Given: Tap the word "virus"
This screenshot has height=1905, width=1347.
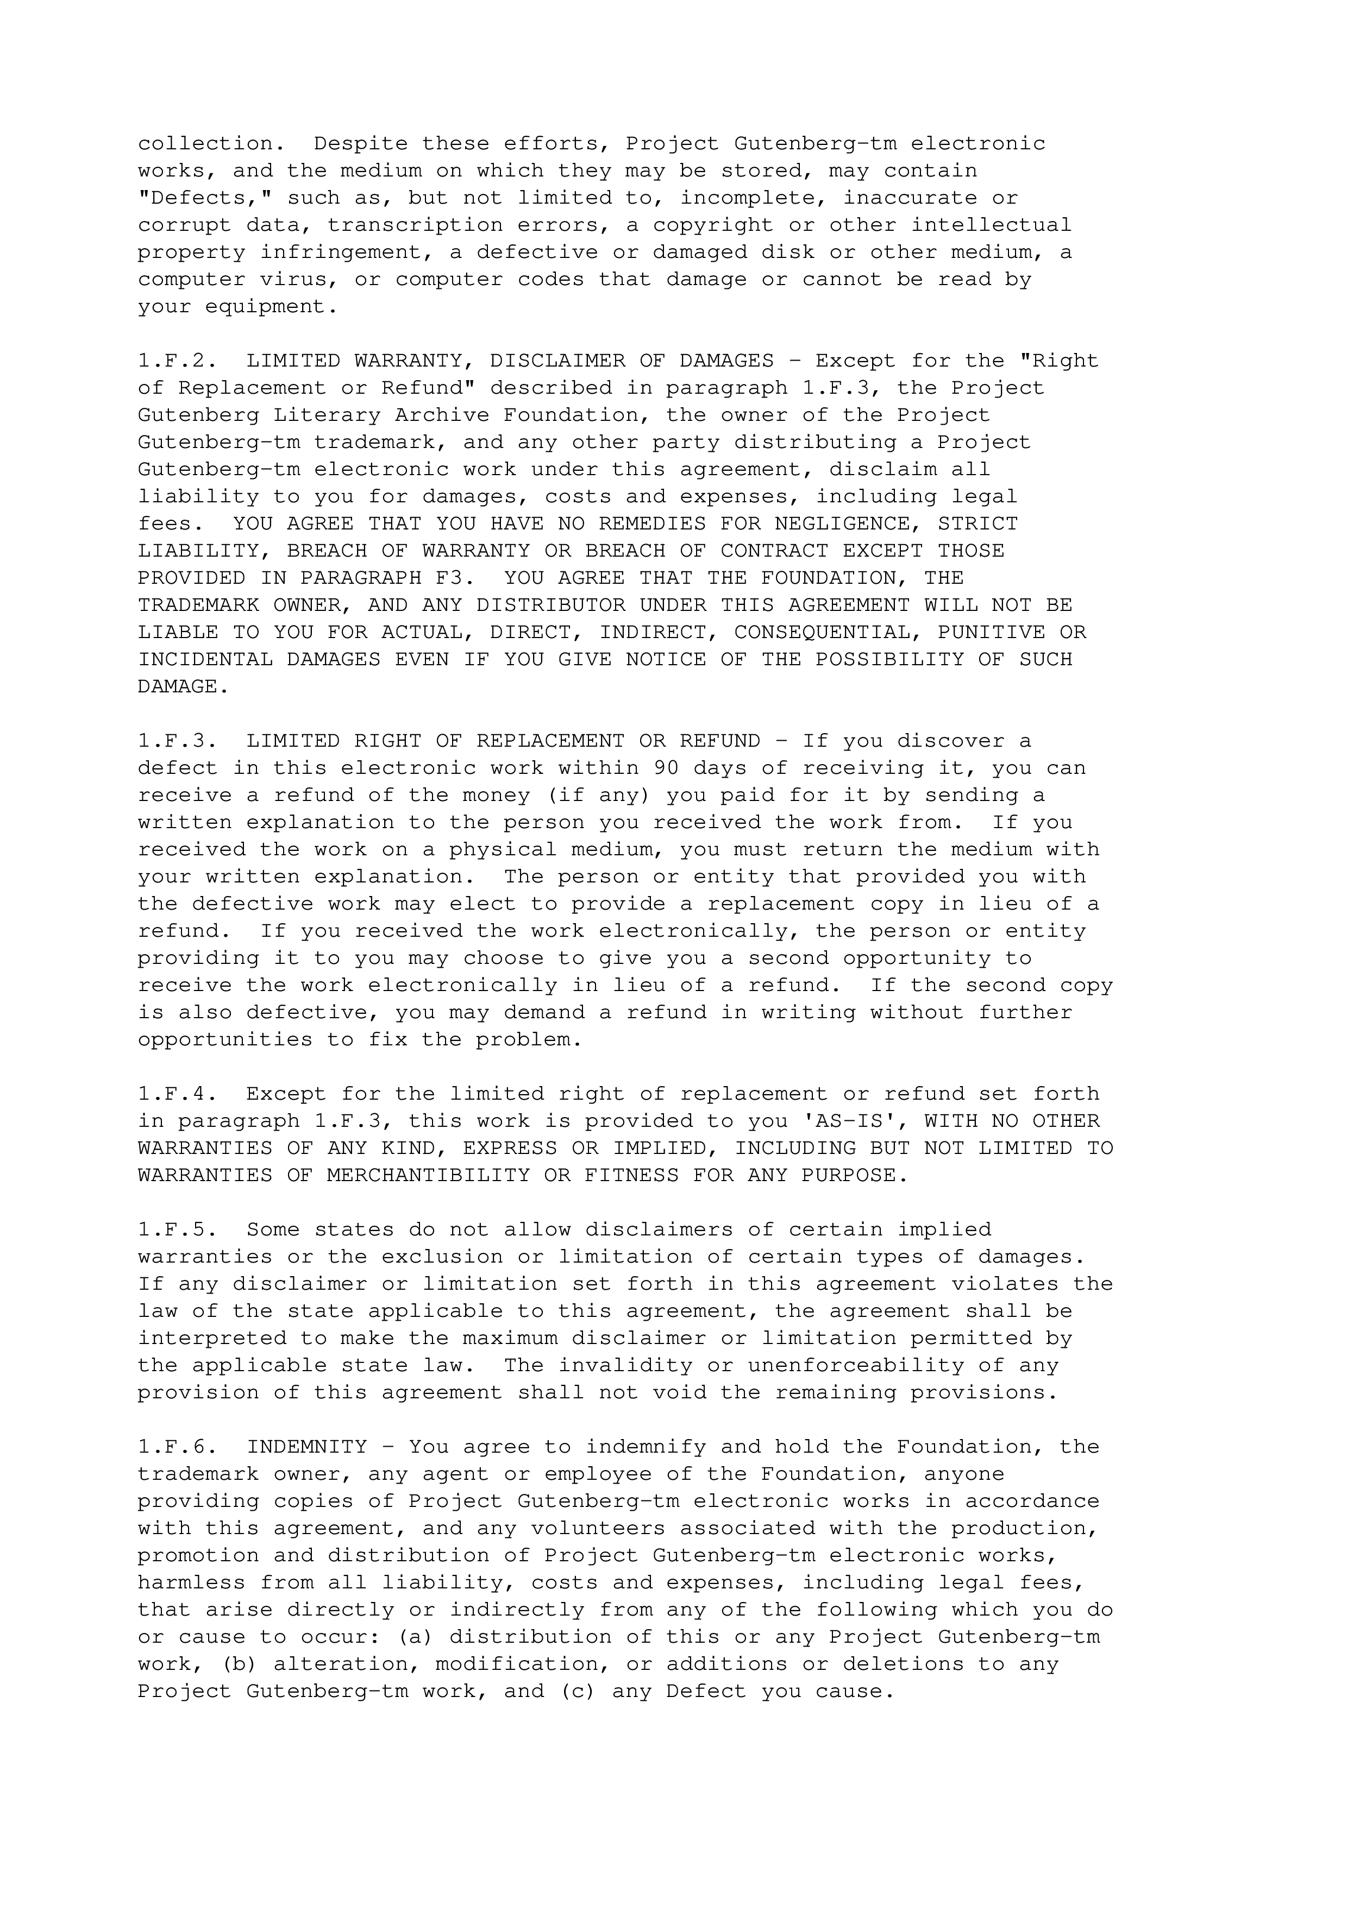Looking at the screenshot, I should click(x=293, y=280).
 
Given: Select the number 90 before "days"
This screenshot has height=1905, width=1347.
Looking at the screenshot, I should click(x=666, y=768).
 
